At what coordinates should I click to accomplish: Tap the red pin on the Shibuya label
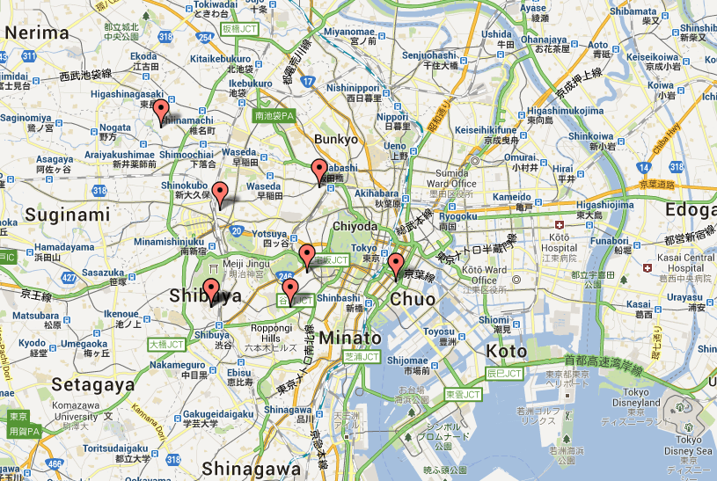[x=210, y=288]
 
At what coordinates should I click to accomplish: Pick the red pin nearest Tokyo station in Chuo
[x=396, y=264]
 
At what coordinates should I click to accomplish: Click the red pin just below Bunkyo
[x=319, y=171]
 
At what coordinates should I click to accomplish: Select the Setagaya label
[x=82, y=383]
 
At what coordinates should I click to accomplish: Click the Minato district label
[x=351, y=338]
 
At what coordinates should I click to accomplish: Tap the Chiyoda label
[x=355, y=227]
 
